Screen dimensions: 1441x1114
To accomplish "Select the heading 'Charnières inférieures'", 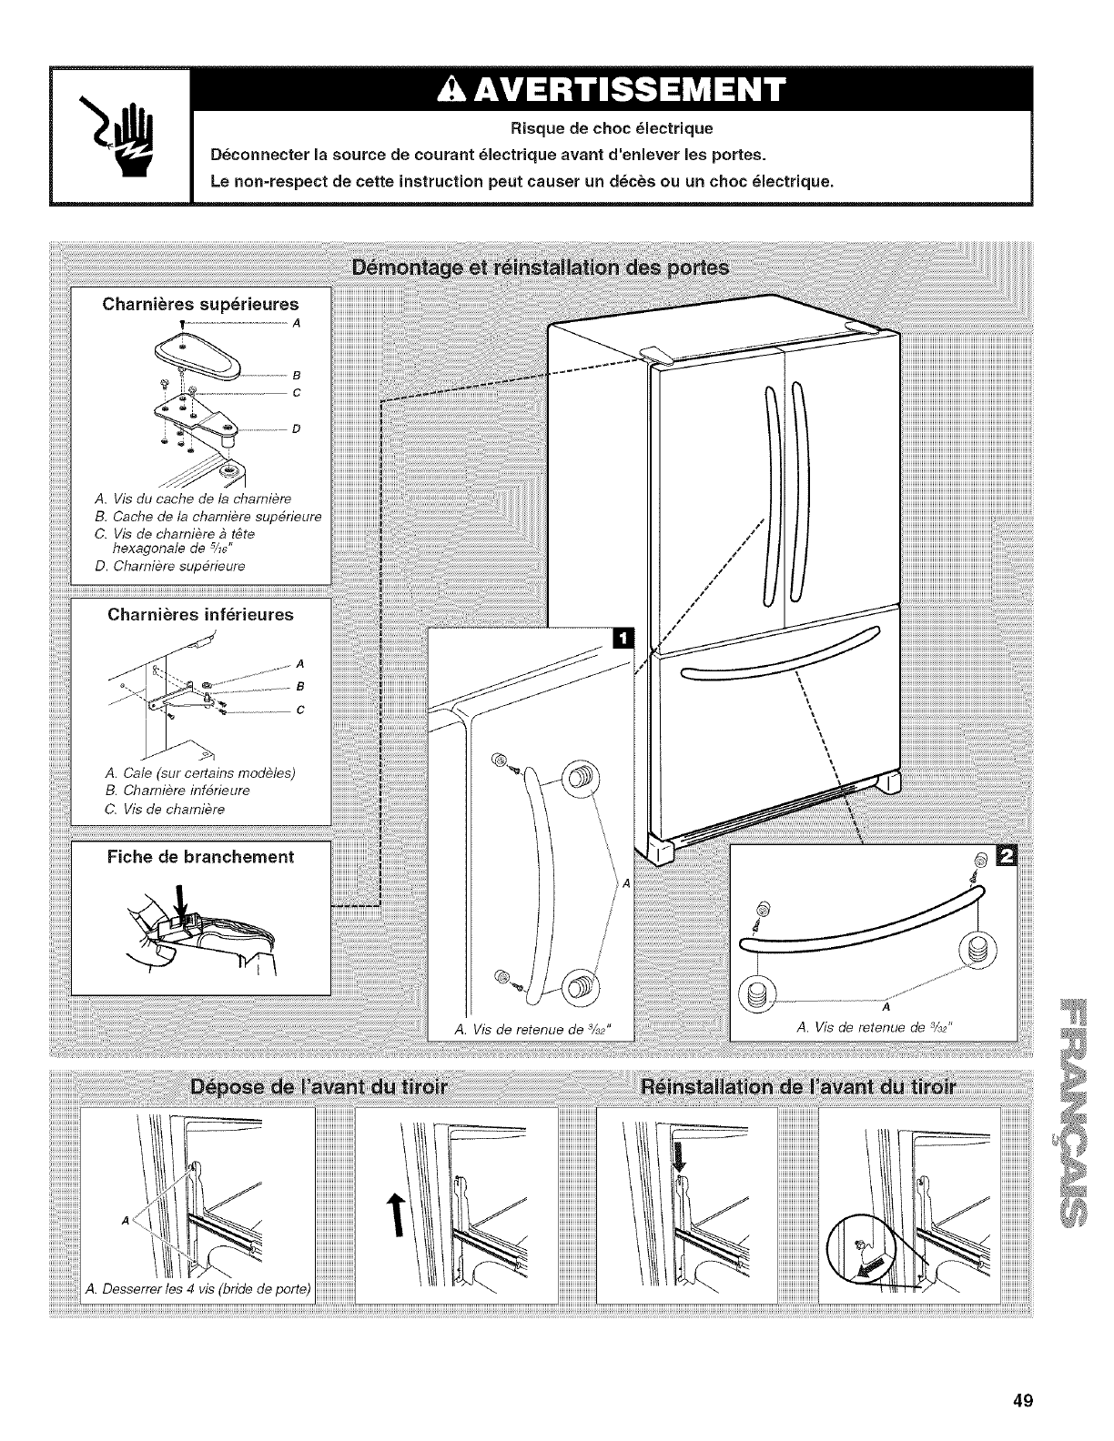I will [x=201, y=614].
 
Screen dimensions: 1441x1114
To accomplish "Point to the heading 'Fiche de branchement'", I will [x=201, y=857].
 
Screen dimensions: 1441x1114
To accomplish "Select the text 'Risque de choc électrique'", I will [x=611, y=126].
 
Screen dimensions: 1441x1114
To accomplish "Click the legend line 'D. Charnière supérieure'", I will [x=170, y=565].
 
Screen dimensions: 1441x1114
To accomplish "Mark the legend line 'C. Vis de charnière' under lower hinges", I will [x=166, y=809].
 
